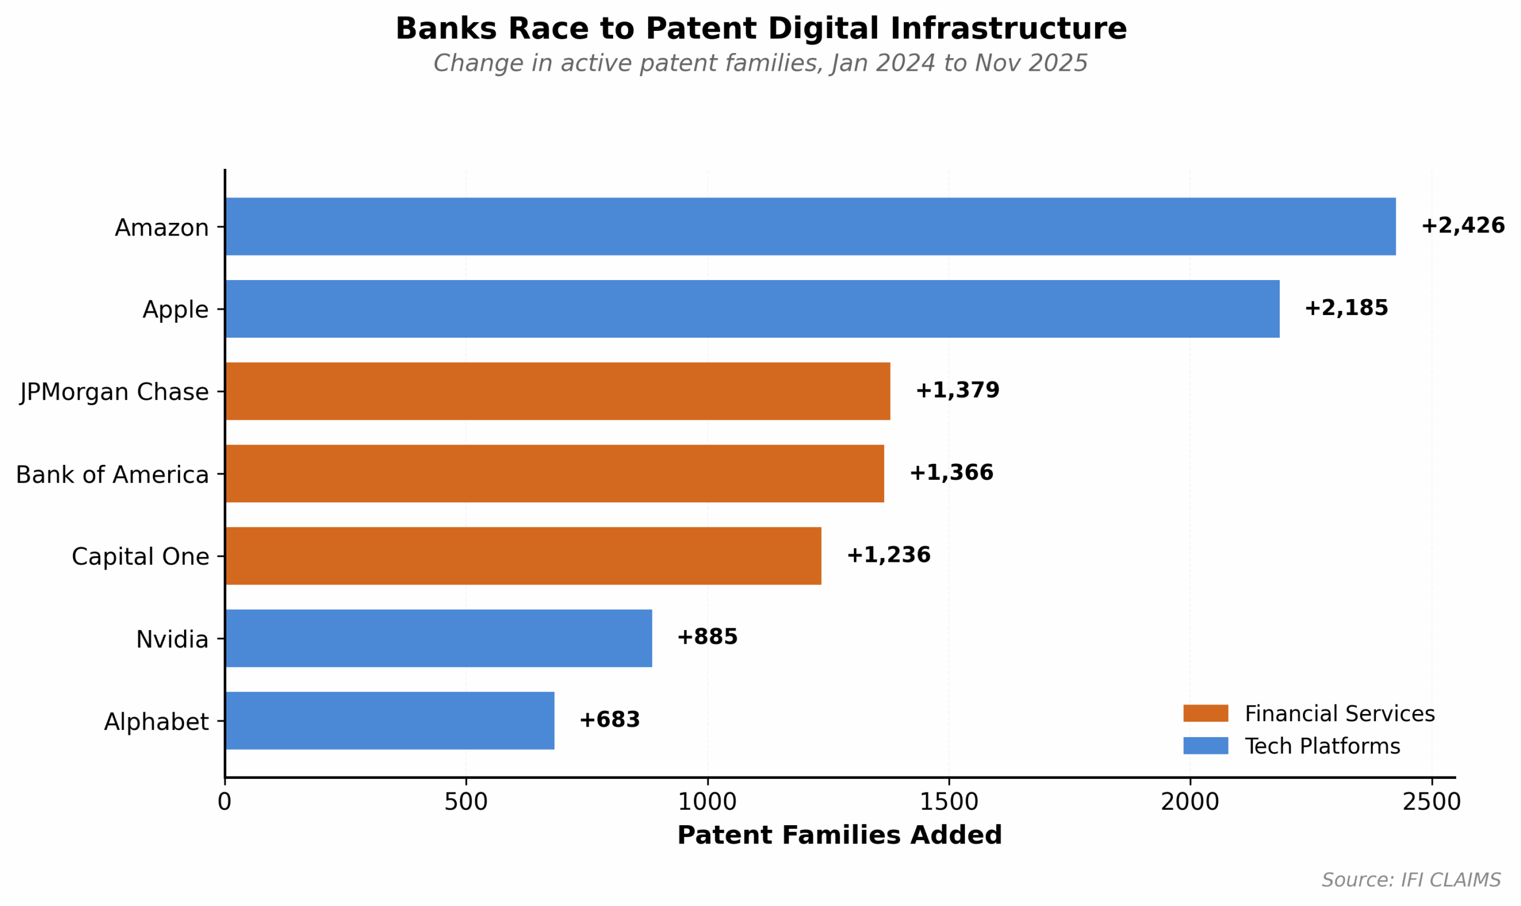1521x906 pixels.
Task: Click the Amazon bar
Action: pyautogui.click(x=810, y=227)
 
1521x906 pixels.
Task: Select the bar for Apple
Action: pyautogui.click(x=752, y=309)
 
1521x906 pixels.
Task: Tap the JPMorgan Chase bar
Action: pyautogui.click(x=558, y=391)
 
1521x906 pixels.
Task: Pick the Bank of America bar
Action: pyautogui.click(x=554, y=474)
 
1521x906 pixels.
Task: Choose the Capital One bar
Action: pyautogui.click(x=523, y=556)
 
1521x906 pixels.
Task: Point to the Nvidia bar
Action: pyautogui.click(x=438, y=638)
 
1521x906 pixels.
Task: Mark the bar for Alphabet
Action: pyautogui.click(x=390, y=721)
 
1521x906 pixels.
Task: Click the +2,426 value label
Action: pyautogui.click(x=1462, y=226)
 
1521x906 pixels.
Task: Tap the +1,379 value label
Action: pyautogui.click(x=957, y=391)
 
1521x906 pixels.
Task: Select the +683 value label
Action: pyautogui.click(x=610, y=721)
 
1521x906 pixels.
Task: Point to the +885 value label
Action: pyautogui.click(x=707, y=637)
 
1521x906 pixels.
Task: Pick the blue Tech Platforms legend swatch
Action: pyautogui.click(x=1206, y=746)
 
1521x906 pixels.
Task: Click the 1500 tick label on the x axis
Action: pyautogui.click(x=949, y=802)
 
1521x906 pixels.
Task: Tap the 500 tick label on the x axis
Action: pyautogui.click(x=466, y=802)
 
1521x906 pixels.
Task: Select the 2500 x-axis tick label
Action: pyautogui.click(x=1431, y=802)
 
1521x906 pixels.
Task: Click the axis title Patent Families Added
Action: pyautogui.click(x=840, y=835)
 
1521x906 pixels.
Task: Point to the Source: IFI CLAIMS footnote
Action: pyautogui.click(x=1411, y=880)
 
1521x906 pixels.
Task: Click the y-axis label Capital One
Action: pyautogui.click(x=140, y=557)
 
